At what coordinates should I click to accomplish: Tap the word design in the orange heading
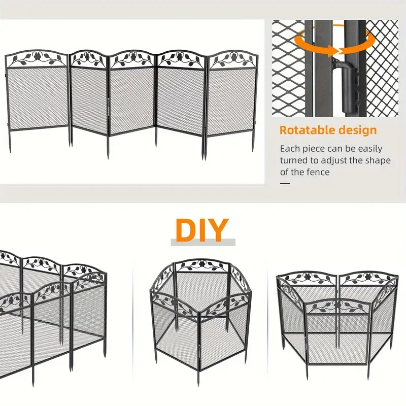[358, 130]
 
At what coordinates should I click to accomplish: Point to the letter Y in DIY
[219, 230]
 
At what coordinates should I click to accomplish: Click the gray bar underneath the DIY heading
[202, 243]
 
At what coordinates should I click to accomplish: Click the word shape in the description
[379, 160]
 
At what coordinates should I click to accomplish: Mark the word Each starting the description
[289, 149]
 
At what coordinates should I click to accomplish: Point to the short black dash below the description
[285, 183]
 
